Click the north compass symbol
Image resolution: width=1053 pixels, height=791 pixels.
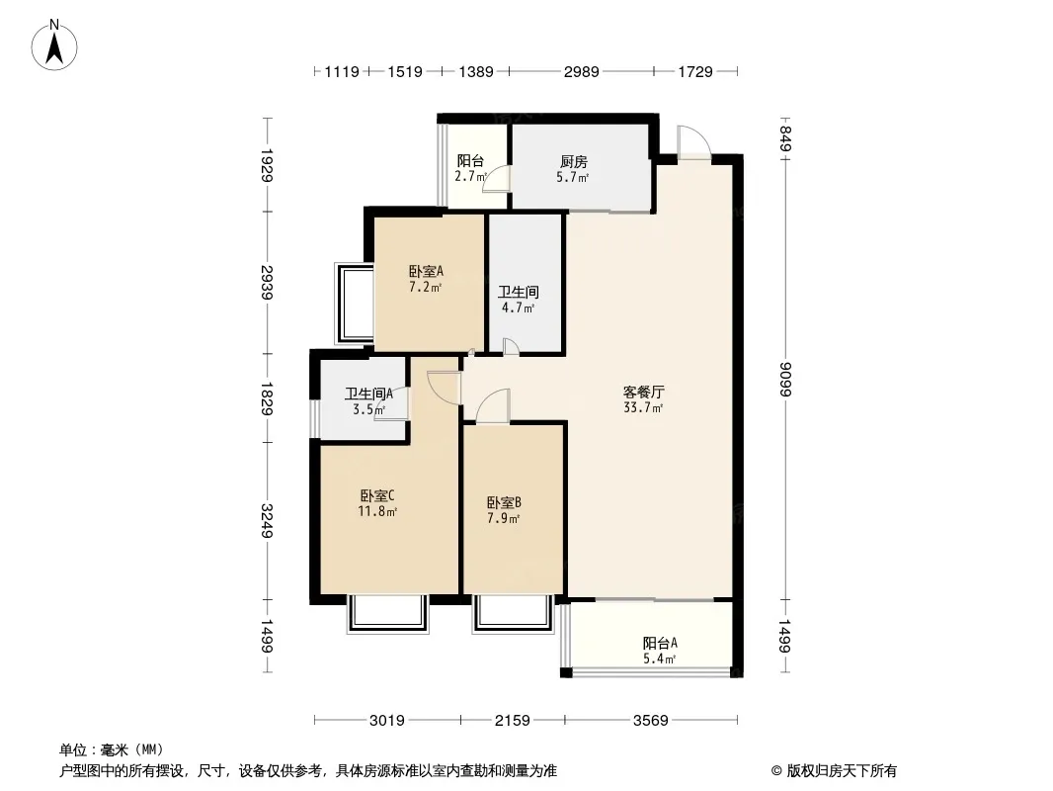click(x=57, y=44)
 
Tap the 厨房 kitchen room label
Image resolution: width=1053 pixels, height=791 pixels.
click(x=574, y=162)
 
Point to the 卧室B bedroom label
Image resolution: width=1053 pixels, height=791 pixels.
click(x=504, y=501)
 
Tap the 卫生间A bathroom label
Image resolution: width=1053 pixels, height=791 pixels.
click(x=370, y=393)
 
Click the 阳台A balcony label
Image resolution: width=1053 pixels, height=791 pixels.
click(x=660, y=643)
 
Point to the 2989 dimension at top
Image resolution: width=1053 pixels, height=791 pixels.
click(x=580, y=71)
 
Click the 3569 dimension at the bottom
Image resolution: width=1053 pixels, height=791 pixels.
click(x=651, y=720)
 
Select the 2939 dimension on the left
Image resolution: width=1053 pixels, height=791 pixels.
click(x=266, y=281)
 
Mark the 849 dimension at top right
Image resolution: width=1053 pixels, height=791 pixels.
click(x=785, y=133)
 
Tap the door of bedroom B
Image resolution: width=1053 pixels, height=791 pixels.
click(x=491, y=406)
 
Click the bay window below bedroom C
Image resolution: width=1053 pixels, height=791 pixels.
click(x=387, y=614)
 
